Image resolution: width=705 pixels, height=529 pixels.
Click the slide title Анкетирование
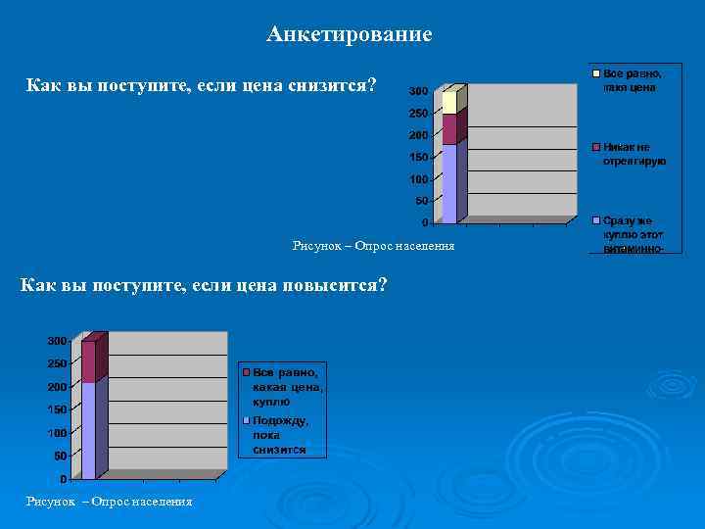[349, 35]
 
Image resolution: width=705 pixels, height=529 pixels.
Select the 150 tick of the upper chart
[418, 157]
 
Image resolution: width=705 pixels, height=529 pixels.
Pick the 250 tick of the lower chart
[57, 363]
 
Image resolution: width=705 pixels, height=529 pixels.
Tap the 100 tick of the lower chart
[57, 433]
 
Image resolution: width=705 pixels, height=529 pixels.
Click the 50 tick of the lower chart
[60, 457]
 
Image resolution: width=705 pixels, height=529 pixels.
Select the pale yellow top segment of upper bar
[449, 102]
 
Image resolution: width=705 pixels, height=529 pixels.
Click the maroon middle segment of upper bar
[449, 129]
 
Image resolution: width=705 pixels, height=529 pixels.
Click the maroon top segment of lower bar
[88, 361]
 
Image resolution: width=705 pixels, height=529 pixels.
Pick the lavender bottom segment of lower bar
[88, 430]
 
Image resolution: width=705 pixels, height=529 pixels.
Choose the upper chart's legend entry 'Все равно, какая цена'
[632, 80]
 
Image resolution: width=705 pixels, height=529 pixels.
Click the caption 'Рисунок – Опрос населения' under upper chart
[373, 245]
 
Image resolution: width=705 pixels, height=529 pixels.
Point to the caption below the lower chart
[109, 502]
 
